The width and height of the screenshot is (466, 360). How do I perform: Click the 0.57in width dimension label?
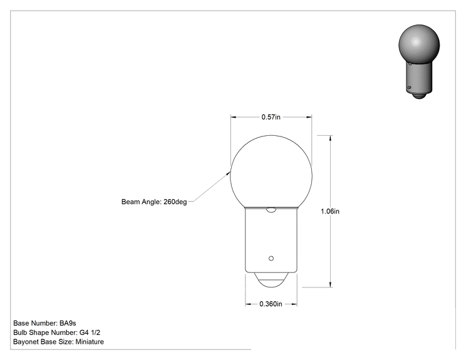click(271, 117)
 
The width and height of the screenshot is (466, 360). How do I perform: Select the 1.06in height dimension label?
click(330, 211)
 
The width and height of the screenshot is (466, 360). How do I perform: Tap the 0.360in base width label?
click(271, 304)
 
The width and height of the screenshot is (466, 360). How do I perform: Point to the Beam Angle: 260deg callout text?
click(154, 202)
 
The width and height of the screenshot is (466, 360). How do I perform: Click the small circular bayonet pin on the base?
click(271, 259)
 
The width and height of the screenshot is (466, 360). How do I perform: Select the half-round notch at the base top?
click(271, 210)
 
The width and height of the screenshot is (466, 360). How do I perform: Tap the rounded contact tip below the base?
click(271, 280)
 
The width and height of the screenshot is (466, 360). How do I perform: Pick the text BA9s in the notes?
click(68, 323)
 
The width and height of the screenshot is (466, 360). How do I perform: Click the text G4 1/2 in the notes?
click(90, 332)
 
